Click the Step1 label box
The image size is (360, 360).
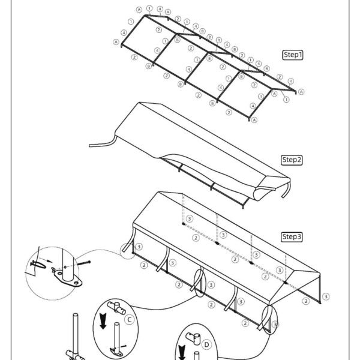click(x=293, y=55)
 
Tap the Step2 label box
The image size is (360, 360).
click(x=292, y=160)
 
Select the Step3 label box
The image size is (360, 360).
click(x=292, y=237)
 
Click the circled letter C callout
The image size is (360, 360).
click(x=129, y=320)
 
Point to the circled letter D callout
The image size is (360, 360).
click(x=206, y=344)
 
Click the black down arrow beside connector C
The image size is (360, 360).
click(x=103, y=321)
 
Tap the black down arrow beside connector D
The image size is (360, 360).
click(x=182, y=352)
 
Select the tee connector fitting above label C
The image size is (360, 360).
click(x=116, y=308)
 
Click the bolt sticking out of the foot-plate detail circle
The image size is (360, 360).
click(x=83, y=263)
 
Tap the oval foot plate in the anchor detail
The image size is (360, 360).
click(x=68, y=278)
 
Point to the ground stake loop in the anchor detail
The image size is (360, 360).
click(x=38, y=264)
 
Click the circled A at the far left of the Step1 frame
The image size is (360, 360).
click(x=116, y=42)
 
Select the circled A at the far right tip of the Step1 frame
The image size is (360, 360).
click(x=301, y=92)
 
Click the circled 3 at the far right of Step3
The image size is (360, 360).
click(x=326, y=296)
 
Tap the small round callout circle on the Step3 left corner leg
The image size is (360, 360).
click(x=128, y=251)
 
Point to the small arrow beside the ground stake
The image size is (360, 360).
click(x=49, y=261)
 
